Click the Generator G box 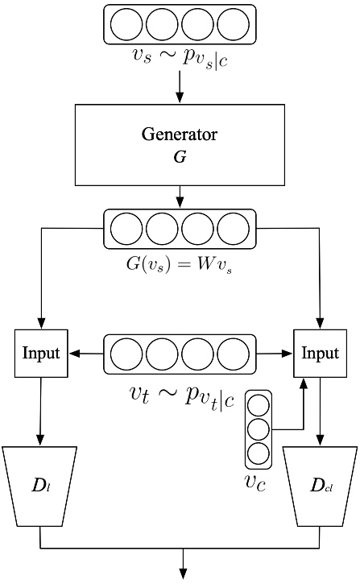(x=180, y=144)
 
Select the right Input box (x=321, y=354)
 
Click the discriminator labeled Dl (x=40, y=484)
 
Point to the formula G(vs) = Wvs (x=180, y=262)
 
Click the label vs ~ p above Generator (x=180, y=59)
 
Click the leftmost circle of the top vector (x=126, y=24)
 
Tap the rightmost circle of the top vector (x=233, y=24)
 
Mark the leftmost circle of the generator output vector (x=126, y=229)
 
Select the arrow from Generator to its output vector (x=180, y=196)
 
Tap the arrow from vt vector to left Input (x=87, y=354)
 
